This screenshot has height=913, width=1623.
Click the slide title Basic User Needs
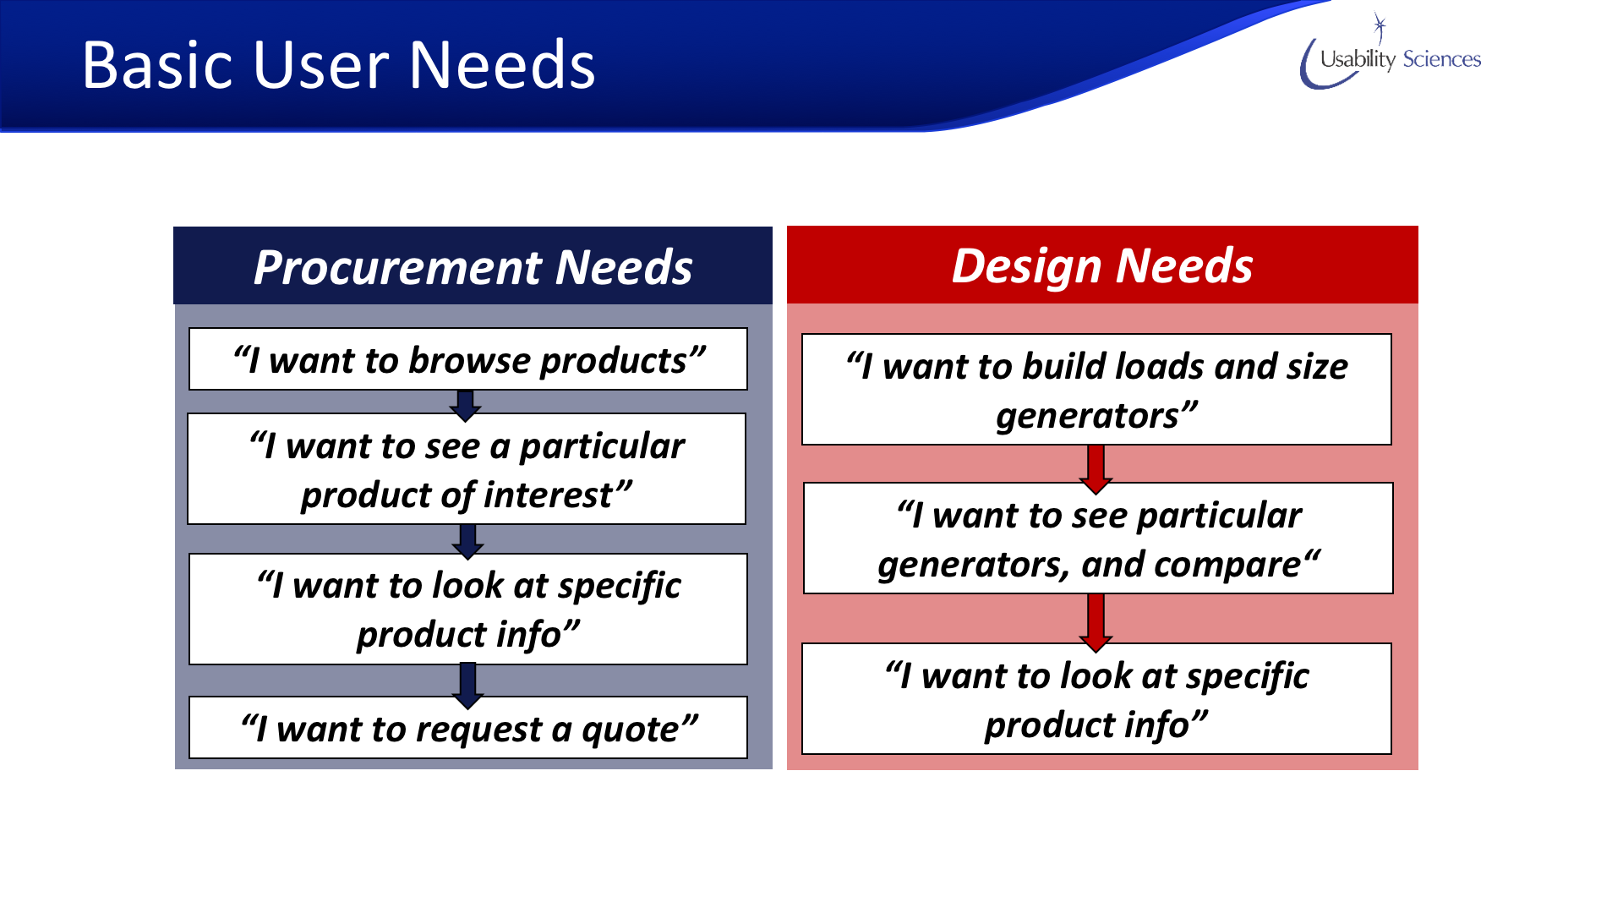tap(338, 65)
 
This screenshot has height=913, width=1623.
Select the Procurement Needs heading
tap(473, 266)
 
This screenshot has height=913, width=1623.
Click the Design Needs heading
tap(1102, 265)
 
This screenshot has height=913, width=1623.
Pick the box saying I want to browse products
tap(468, 359)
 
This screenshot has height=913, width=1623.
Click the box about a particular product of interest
tap(467, 469)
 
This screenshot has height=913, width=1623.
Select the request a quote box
tap(468, 728)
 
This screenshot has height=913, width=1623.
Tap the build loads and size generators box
tap(1096, 390)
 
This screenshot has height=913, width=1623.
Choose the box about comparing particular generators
tap(1098, 539)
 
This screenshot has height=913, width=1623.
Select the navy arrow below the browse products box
tap(465, 406)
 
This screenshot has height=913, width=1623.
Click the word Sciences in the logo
tap(1442, 59)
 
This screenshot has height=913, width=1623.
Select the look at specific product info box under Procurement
tap(468, 610)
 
